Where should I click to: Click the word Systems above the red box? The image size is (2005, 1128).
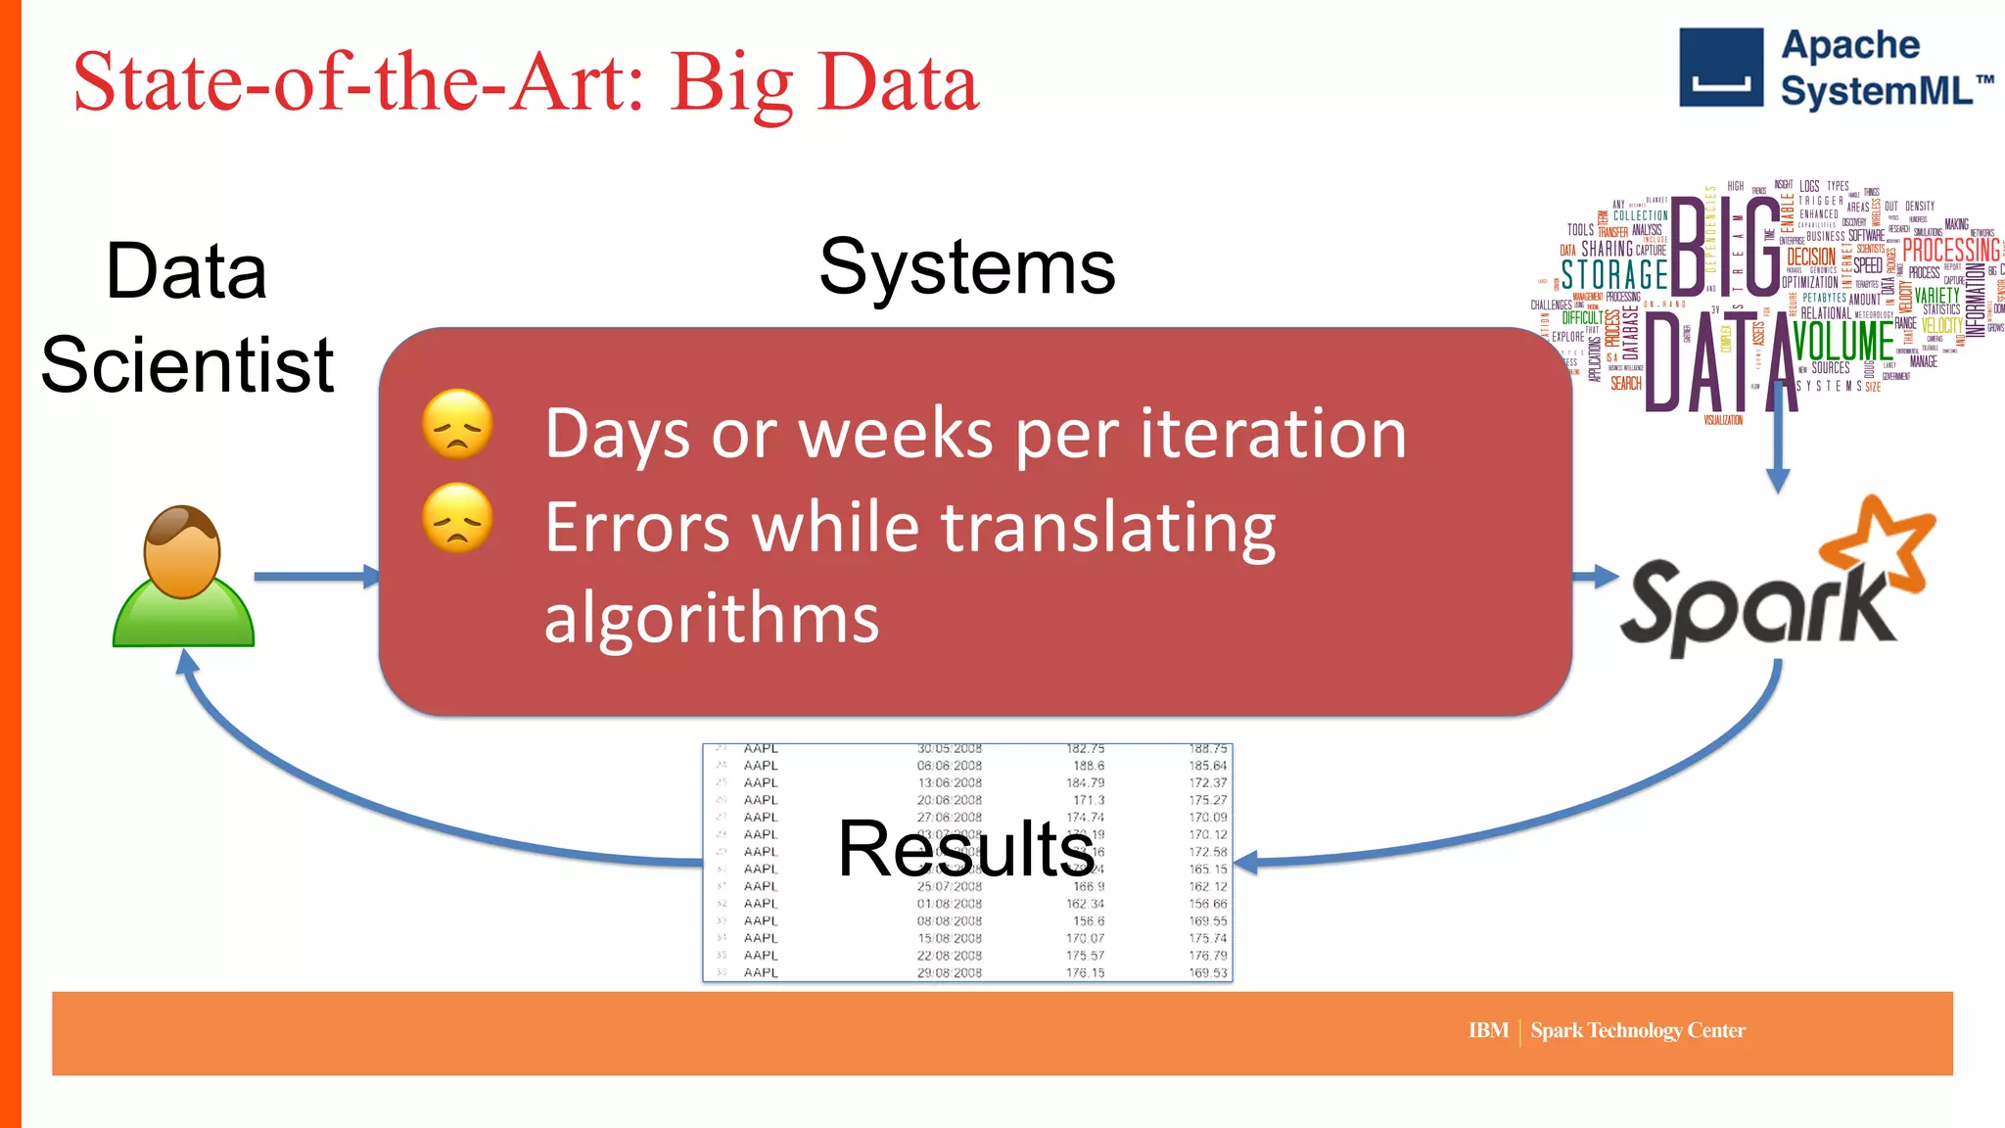point(967,267)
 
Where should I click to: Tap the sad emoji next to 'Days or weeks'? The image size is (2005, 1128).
point(457,424)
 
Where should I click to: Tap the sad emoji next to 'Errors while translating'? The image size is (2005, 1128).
point(457,518)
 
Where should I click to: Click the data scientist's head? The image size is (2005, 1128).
point(182,551)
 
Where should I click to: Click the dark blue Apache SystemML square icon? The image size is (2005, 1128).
point(1721,68)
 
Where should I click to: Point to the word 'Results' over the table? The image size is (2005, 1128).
point(966,849)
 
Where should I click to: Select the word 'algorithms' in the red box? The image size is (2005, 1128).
point(712,618)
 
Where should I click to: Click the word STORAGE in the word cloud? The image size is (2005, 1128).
point(1614,274)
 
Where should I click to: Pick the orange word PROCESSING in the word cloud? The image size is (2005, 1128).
point(1951,251)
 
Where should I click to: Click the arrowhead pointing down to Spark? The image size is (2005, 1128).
point(1778,480)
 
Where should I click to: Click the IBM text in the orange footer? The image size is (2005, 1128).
point(1488,1030)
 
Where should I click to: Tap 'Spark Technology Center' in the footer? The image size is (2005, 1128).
point(1638,1030)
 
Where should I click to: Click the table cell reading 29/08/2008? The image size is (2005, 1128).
point(949,972)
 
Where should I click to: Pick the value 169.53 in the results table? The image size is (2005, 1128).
point(1207,972)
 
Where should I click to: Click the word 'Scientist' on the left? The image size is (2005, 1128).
point(188,365)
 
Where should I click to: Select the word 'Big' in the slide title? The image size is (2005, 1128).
point(730,84)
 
